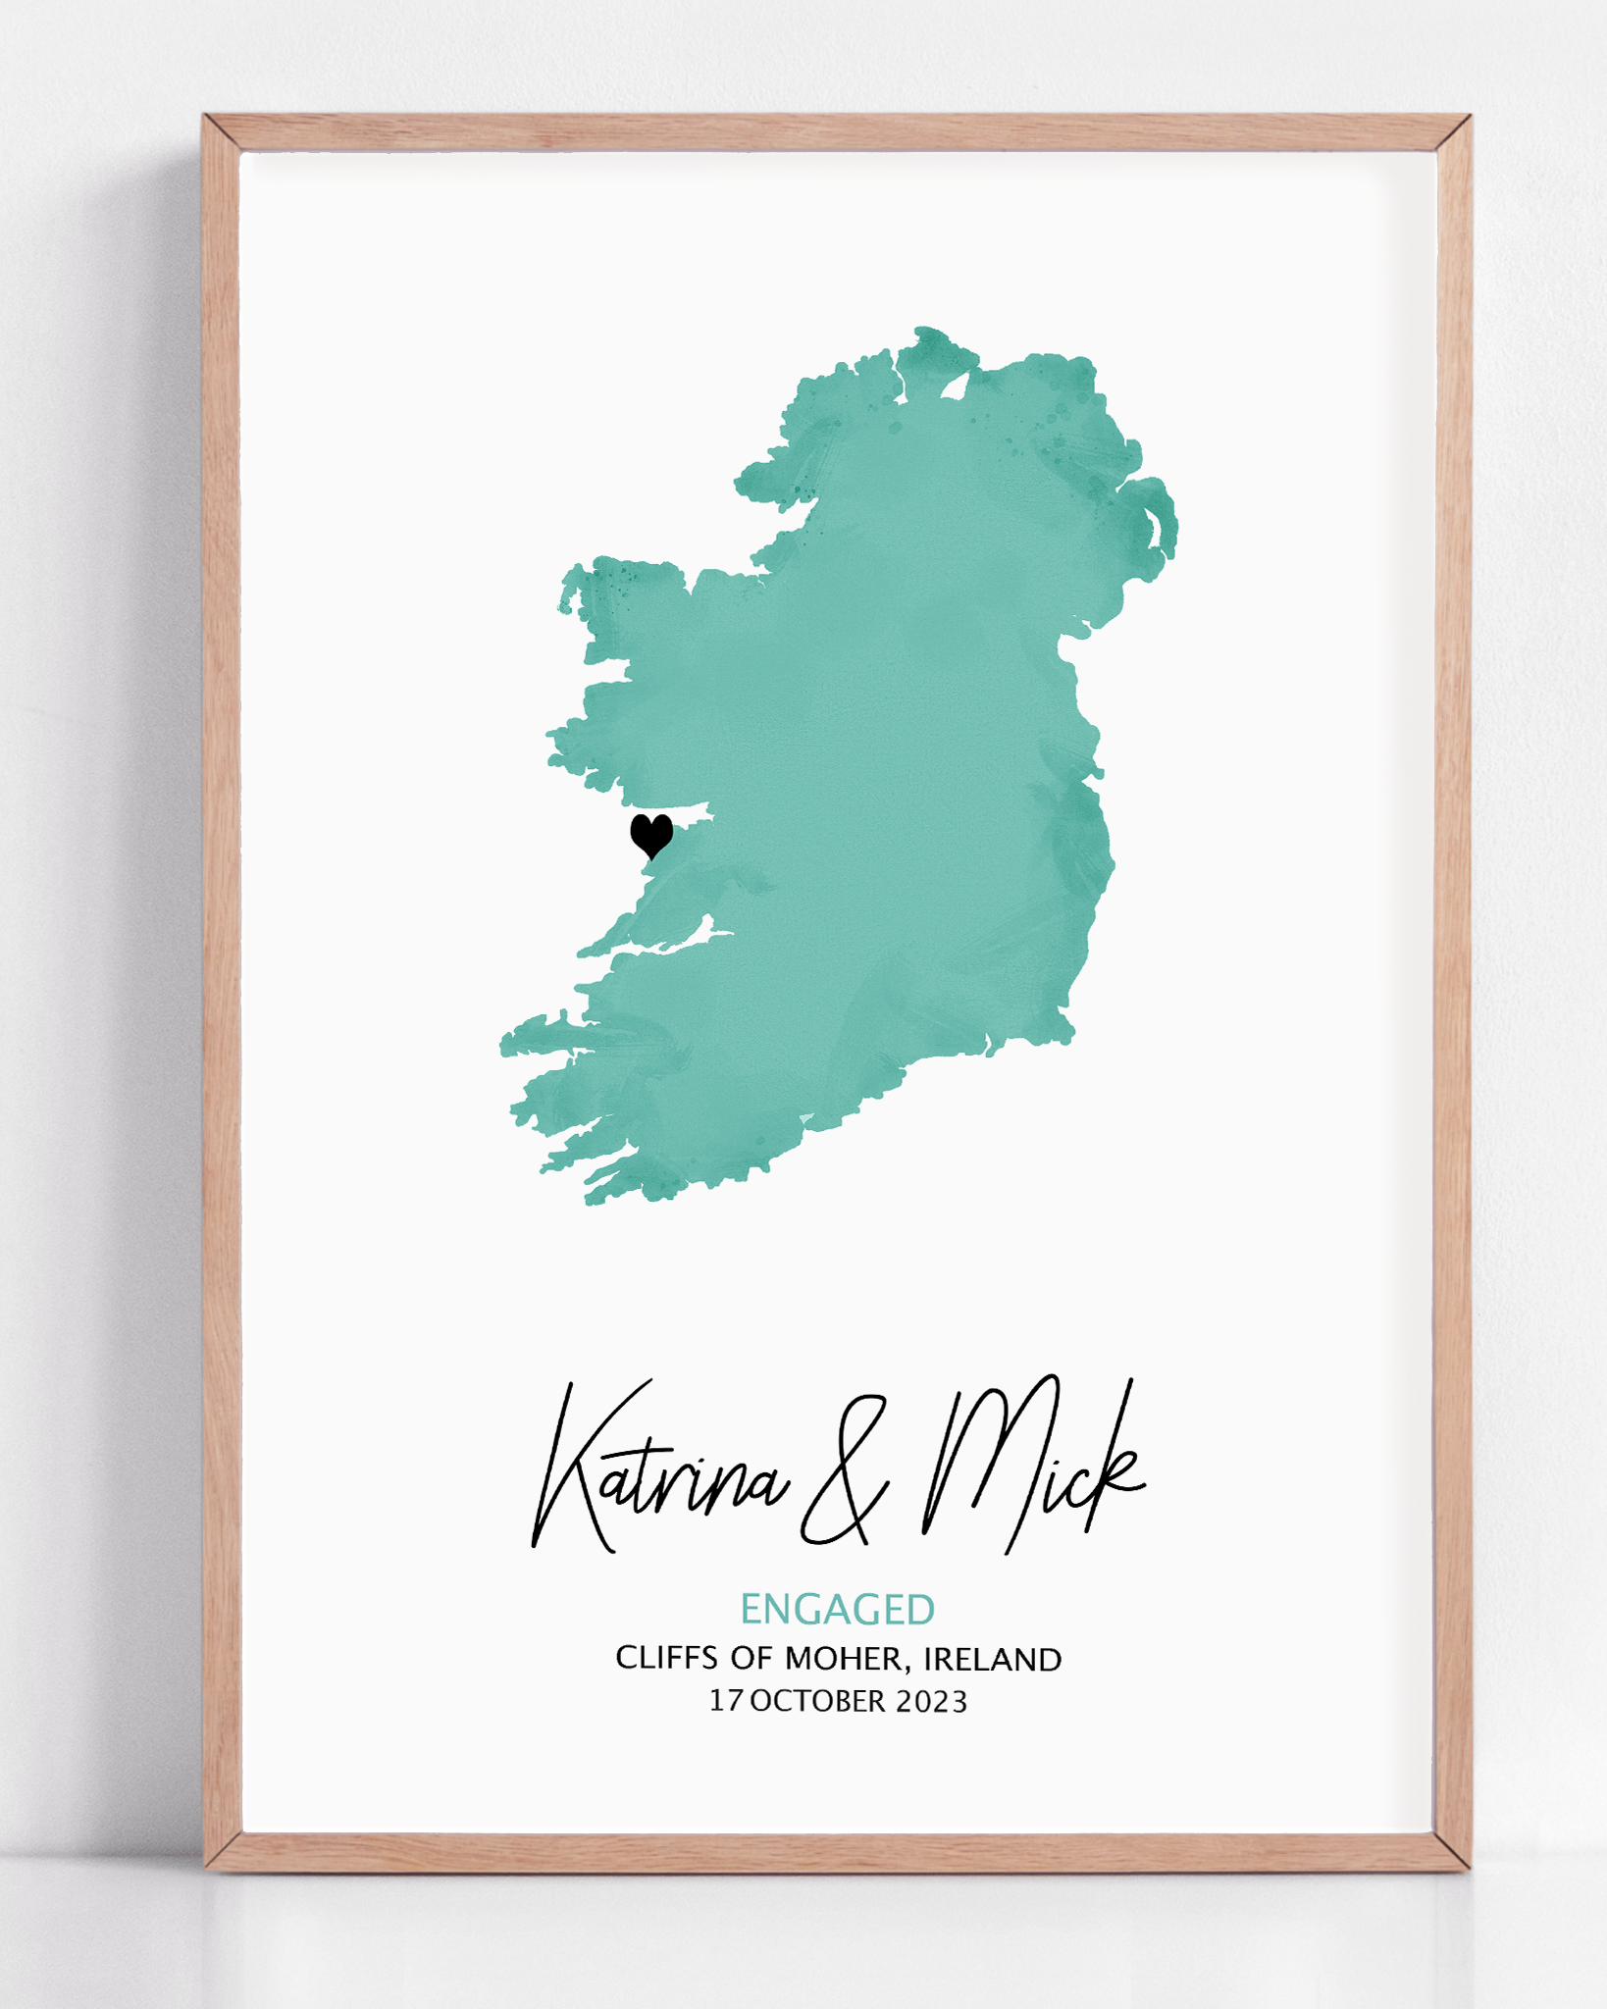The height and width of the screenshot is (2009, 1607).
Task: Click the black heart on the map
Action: point(651,835)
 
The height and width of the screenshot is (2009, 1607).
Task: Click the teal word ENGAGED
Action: point(837,1611)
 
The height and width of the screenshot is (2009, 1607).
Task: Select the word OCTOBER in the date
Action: point(817,1702)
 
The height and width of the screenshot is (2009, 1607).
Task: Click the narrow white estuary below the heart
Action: point(687,942)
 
